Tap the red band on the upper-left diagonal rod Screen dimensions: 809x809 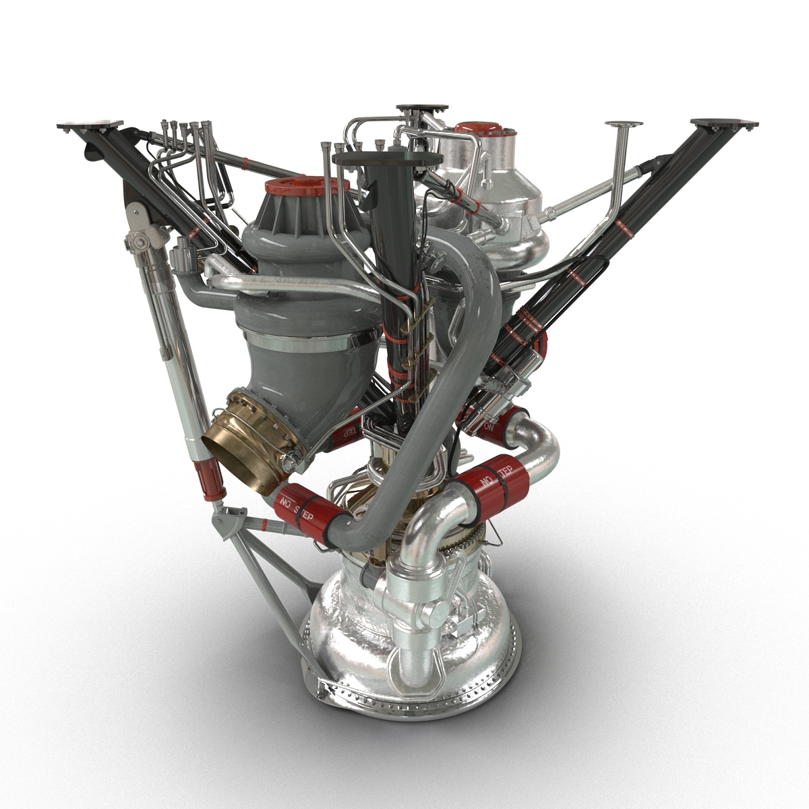tap(246, 164)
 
